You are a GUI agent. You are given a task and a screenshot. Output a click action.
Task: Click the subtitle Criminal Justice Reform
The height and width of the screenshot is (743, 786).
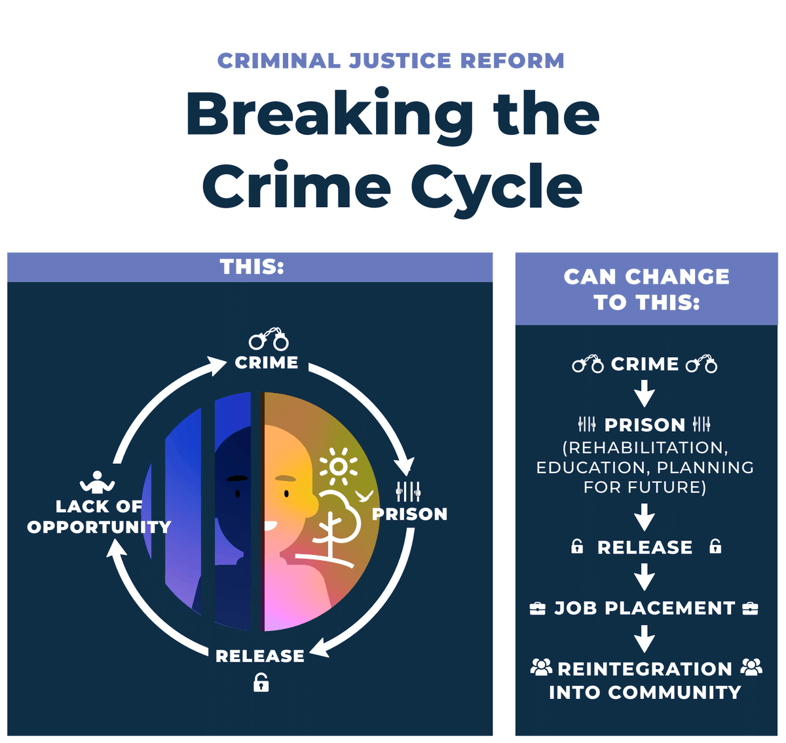(391, 61)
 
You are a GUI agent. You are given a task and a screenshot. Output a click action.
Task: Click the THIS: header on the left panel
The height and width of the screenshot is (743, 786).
(252, 267)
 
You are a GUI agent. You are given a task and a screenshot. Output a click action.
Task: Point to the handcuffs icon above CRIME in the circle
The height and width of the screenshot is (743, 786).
(269, 339)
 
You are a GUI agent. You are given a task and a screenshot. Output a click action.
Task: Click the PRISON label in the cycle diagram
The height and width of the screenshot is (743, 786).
(410, 514)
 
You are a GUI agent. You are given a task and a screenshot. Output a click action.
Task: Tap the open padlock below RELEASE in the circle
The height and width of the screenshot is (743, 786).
(261, 683)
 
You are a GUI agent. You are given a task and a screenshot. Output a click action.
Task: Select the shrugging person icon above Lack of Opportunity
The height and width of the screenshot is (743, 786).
(97, 483)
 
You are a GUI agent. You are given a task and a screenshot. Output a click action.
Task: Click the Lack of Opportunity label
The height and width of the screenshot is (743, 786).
(99, 516)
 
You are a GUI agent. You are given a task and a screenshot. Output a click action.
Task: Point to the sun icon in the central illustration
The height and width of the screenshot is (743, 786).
(338, 466)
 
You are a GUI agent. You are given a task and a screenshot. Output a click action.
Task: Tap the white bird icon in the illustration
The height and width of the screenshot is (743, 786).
(364, 495)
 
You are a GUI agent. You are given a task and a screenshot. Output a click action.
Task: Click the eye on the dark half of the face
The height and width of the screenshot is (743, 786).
(237, 493)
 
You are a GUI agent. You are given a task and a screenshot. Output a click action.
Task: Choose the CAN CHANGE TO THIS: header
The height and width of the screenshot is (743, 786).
(646, 289)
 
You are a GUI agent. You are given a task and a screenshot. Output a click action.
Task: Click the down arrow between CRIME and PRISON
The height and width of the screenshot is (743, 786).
(645, 394)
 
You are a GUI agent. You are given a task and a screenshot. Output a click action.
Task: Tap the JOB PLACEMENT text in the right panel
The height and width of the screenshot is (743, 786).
(645, 608)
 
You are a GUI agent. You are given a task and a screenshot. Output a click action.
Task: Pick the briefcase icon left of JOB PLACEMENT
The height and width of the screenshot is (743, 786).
(537, 609)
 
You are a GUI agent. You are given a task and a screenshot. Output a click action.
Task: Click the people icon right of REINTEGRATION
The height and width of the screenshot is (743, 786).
(751, 668)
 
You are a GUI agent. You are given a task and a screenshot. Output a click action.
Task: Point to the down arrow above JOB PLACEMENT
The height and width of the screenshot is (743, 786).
(645, 577)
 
